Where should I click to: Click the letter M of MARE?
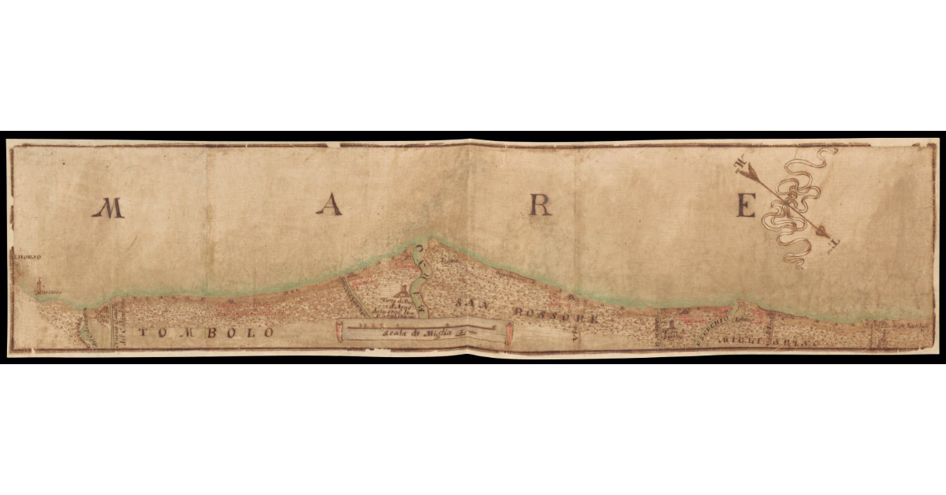click(x=108, y=207)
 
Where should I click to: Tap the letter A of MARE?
click(x=329, y=205)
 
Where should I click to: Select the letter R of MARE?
click(x=540, y=206)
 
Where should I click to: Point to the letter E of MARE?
click(x=746, y=206)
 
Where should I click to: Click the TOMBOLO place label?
click(x=207, y=333)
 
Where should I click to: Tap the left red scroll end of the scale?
click(x=339, y=332)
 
